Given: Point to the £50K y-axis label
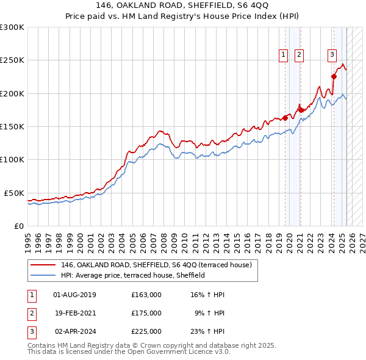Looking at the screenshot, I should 13,193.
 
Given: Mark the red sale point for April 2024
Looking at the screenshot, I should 334,76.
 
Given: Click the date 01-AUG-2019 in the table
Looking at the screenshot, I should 75,295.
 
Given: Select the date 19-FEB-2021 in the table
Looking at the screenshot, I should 75,313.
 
